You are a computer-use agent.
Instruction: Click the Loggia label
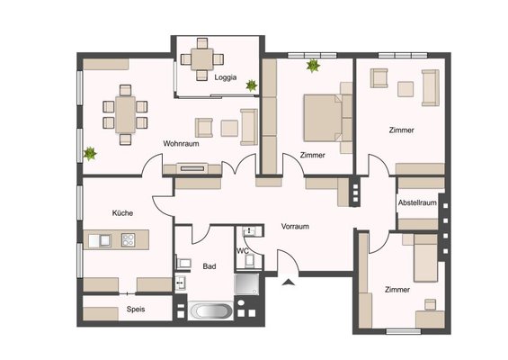click(226, 77)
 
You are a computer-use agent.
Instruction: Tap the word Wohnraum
click(181, 143)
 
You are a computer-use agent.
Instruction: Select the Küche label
click(122, 213)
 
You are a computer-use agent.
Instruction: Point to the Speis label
click(136, 309)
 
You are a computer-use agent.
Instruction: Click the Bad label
click(209, 266)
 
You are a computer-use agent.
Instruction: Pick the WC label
click(243, 251)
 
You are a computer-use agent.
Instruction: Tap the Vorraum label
click(295, 227)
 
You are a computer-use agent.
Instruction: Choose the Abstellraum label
click(417, 202)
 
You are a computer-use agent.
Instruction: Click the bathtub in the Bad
click(210, 311)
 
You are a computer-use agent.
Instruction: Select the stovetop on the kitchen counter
click(129, 240)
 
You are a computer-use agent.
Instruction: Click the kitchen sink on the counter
click(100, 240)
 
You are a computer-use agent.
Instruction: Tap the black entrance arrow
click(288, 282)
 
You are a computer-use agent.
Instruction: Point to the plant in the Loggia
click(252, 85)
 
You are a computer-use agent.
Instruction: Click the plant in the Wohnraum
click(90, 153)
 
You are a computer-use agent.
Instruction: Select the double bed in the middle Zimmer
click(323, 118)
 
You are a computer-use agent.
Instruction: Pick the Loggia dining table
click(201, 59)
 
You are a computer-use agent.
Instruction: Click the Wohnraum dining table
click(125, 114)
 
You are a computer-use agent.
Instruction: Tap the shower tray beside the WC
click(247, 284)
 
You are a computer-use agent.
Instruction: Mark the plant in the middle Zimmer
click(313, 66)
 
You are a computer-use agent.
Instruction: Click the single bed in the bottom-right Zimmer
click(426, 258)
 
